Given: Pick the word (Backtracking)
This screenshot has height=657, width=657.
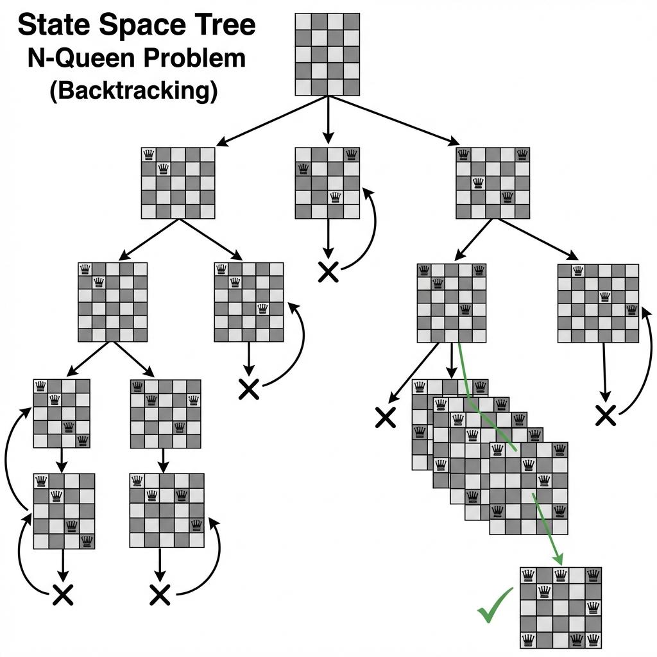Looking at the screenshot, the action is (133, 90).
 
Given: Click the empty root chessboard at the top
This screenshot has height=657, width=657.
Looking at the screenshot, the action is (327, 54).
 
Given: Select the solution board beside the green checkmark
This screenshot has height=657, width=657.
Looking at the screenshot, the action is (560, 606).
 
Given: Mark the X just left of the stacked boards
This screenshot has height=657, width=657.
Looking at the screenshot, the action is (385, 418).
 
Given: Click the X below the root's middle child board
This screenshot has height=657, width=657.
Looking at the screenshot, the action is (328, 273).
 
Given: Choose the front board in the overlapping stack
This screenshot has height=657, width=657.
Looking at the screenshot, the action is (528, 488).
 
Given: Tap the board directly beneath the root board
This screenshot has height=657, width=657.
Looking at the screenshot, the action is (327, 183).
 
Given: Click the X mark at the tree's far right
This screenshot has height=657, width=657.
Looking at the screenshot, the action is (605, 415).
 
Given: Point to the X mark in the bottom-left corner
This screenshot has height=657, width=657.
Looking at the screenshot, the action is (62, 595).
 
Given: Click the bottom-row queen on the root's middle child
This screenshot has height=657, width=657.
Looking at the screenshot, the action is (334, 197).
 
